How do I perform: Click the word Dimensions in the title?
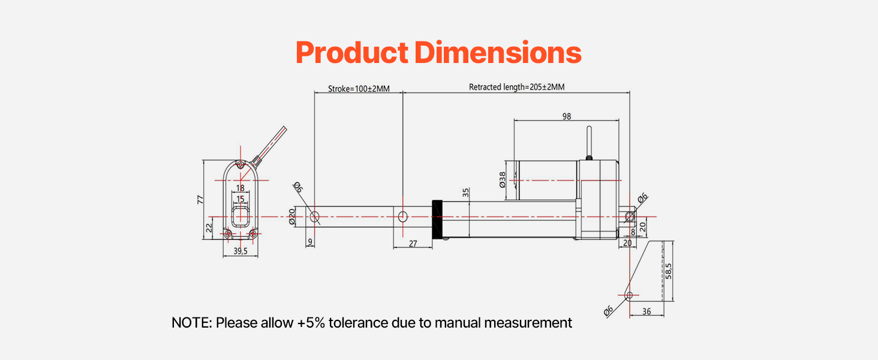pyautogui.click(x=498, y=53)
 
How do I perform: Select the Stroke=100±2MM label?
pyautogui.click(x=359, y=89)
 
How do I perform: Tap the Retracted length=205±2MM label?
pyautogui.click(x=516, y=87)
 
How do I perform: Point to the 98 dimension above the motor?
pyautogui.click(x=566, y=116)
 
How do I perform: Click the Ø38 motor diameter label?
pyautogui.click(x=503, y=180)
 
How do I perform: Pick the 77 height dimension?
pyautogui.click(x=201, y=199)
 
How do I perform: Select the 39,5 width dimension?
pyautogui.click(x=240, y=251)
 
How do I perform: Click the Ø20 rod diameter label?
pyautogui.click(x=292, y=217)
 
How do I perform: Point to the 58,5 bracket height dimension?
pyautogui.click(x=668, y=271)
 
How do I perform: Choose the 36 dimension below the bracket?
pyautogui.click(x=647, y=311)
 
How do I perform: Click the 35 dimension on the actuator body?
pyautogui.click(x=466, y=193)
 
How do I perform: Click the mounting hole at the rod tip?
pyautogui.click(x=314, y=216)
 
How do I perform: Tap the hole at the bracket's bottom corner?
pyautogui.click(x=629, y=295)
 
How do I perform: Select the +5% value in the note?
pyautogui.click(x=311, y=323)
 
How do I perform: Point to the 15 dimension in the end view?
pyautogui.click(x=240, y=199)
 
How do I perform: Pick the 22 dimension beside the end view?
pyautogui.click(x=209, y=227)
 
